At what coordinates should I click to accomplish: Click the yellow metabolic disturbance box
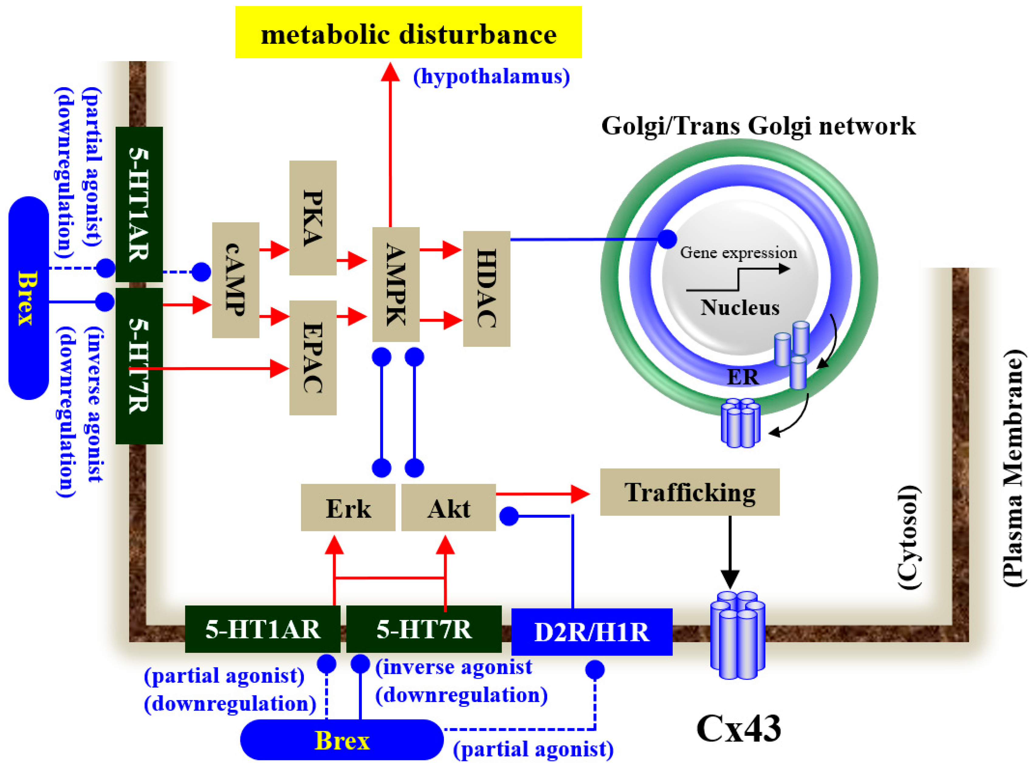coord(408,33)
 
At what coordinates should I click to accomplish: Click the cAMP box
coord(235,280)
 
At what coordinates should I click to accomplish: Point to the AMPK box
coord(396,285)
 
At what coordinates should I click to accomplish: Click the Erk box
coord(348,508)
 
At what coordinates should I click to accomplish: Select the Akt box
coord(448,508)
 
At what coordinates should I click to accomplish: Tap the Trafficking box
coord(689,492)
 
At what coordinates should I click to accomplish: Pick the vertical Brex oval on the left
coord(29,298)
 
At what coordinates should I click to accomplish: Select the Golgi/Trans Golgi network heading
coord(758,126)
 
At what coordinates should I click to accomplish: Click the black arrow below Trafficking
coord(730,553)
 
